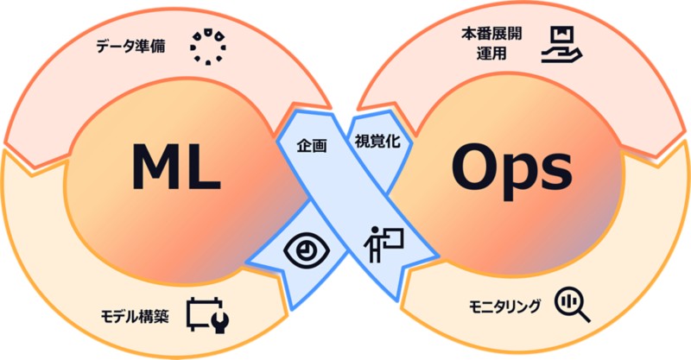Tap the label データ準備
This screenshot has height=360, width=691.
coord(132,45)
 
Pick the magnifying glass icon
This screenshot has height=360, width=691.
coord(571,303)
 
